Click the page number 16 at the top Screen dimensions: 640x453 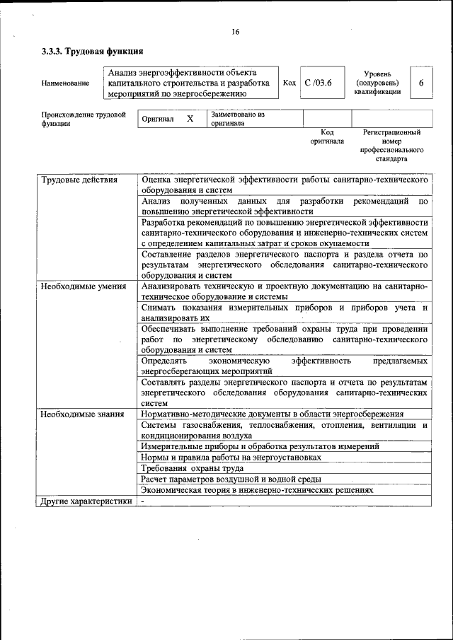(x=235, y=32)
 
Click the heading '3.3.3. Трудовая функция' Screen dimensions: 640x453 (x=93, y=51)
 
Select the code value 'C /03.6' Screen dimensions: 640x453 (x=318, y=83)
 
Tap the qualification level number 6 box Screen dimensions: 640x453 (x=421, y=83)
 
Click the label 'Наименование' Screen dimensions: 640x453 (x=66, y=83)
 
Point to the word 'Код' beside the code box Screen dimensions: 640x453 (x=289, y=83)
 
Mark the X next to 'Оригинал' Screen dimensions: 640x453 (x=190, y=119)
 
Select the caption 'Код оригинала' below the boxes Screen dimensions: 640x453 (x=326, y=136)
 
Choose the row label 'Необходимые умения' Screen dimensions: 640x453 (x=84, y=286)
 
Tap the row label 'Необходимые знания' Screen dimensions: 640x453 (x=82, y=414)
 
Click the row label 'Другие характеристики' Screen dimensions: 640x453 (x=86, y=502)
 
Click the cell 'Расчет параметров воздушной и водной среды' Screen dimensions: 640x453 (x=231, y=479)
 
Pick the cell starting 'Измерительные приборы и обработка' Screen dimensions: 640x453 (x=260, y=446)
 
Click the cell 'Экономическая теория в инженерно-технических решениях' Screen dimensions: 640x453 (x=257, y=490)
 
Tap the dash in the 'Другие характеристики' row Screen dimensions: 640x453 (x=142, y=502)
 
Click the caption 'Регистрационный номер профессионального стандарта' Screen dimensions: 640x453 (x=391, y=146)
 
